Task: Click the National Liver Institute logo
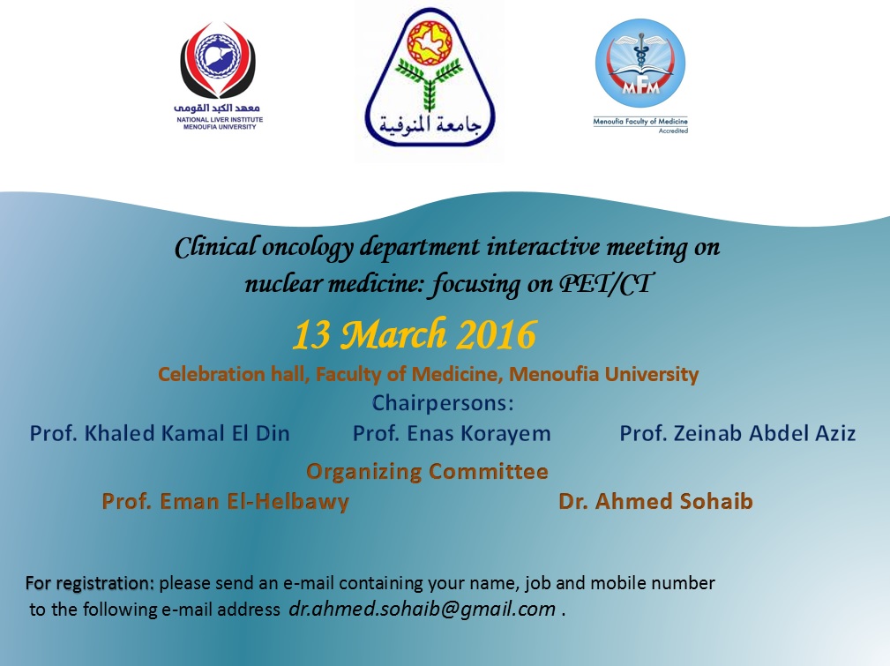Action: [x=219, y=76]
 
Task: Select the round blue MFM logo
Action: [x=640, y=63]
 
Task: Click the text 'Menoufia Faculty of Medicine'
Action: [x=640, y=121]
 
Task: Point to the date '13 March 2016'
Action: [x=415, y=333]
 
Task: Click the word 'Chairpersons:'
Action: [x=443, y=403]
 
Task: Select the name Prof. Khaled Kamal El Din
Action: [x=160, y=433]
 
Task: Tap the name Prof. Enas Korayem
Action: [x=452, y=434]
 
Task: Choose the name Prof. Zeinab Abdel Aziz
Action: [x=737, y=433]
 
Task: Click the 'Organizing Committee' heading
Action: [x=428, y=472]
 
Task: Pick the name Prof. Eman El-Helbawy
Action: [x=225, y=502]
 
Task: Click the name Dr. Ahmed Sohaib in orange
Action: [x=655, y=501]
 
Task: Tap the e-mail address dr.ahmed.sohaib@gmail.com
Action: [x=423, y=609]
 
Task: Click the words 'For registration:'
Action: [x=90, y=583]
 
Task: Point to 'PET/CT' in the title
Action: [x=606, y=283]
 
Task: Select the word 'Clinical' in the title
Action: [x=216, y=248]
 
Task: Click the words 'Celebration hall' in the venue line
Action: [x=232, y=374]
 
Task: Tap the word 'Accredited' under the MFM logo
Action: [x=673, y=131]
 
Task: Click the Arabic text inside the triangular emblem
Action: [x=430, y=125]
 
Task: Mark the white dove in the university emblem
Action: [x=429, y=42]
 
